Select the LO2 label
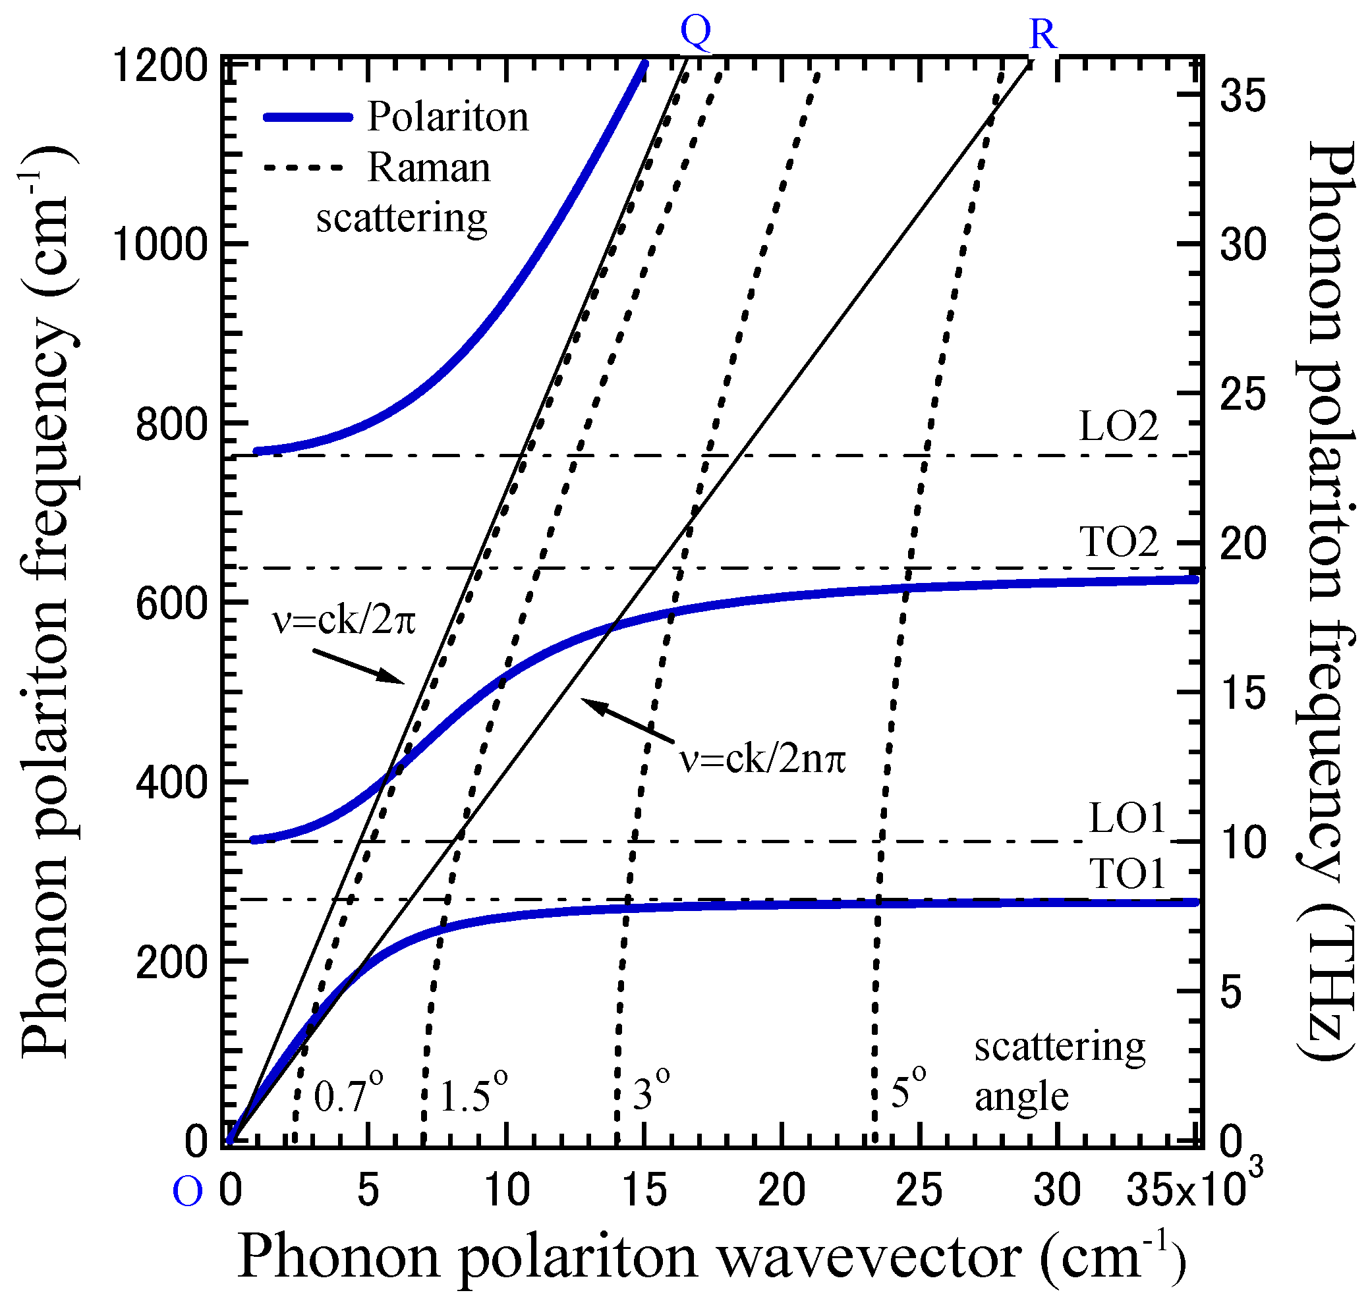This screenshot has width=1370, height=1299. tap(1118, 427)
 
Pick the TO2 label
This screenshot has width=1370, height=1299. tap(1118, 541)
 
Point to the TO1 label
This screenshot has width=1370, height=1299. tap(1128, 874)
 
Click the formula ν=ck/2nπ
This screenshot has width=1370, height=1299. tap(762, 760)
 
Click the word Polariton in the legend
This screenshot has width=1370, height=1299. tap(447, 117)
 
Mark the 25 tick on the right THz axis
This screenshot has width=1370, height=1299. tap(1243, 395)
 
